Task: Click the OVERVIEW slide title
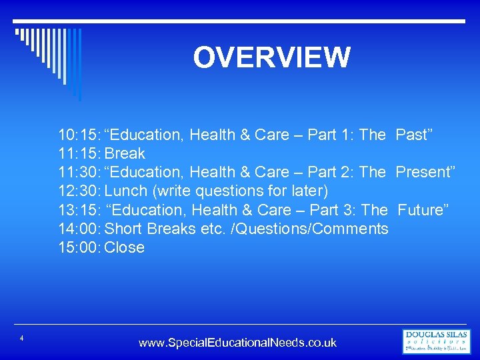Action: (271, 57)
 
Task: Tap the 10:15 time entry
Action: (79, 135)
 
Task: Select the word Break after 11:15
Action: (125, 154)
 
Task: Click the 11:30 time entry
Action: (79, 173)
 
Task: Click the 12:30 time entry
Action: (79, 191)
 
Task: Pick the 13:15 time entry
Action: (79, 210)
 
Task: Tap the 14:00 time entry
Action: (79, 229)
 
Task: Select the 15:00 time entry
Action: (79, 247)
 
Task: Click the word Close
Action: (125, 247)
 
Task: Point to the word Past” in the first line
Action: (414, 135)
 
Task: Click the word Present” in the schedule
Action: (425, 173)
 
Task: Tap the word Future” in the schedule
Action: (423, 210)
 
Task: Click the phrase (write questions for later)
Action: (241, 191)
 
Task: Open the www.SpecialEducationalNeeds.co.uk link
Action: (237, 343)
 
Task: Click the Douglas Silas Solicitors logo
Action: (436, 341)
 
